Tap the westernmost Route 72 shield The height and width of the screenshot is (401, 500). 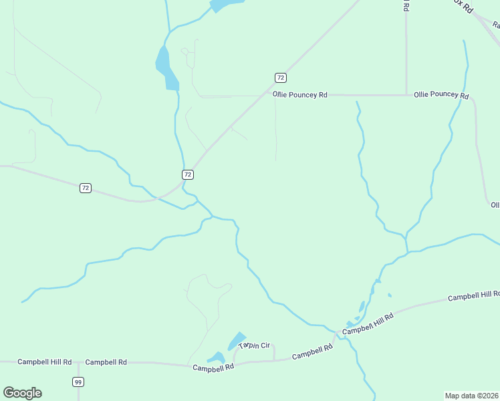tap(86, 188)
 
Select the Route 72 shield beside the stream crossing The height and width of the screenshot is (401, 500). tap(188, 174)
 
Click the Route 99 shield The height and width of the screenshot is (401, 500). tap(78, 382)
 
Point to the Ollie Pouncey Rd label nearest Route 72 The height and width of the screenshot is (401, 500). tap(300, 95)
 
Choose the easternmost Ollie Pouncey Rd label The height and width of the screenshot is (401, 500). tap(441, 95)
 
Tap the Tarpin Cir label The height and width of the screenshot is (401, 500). tap(255, 346)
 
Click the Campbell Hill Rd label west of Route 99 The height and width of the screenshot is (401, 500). tap(44, 362)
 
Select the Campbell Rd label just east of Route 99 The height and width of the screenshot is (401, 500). tap(106, 362)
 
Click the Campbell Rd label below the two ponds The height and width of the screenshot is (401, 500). tap(213, 368)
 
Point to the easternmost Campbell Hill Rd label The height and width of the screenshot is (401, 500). tap(473, 295)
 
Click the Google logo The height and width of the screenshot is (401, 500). tap(22, 393)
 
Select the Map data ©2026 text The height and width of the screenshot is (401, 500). tap(472, 395)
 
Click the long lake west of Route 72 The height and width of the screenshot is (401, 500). tap(166, 68)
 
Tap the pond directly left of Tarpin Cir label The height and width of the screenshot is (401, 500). tap(236, 340)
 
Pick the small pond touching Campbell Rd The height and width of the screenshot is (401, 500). tap(216, 358)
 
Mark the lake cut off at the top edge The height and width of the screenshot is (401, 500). tap(223, 5)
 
